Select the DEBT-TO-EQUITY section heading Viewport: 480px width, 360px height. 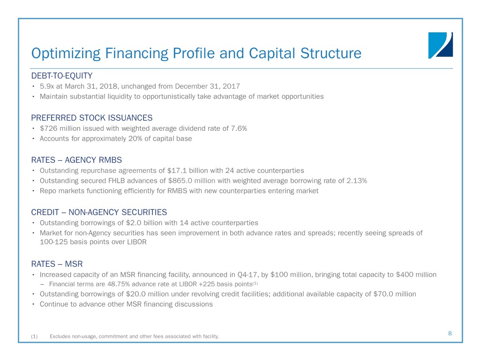coord(61,75)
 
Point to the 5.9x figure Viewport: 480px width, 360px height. coord(46,86)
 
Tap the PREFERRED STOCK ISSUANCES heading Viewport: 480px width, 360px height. coord(91,118)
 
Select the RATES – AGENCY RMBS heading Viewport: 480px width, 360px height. coord(76,160)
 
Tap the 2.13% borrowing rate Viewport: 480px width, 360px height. coord(357,181)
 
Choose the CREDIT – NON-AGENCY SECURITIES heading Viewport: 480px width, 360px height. coord(98,212)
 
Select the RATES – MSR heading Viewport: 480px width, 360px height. coord(57,264)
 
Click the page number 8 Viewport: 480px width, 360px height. coord(450,333)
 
